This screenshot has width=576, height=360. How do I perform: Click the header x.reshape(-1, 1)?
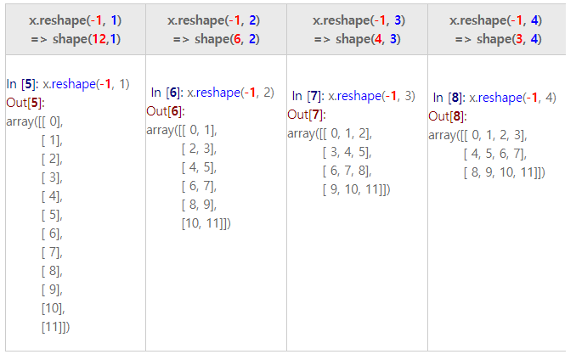tap(75, 19)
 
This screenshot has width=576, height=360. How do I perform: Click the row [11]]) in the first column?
tap(55, 327)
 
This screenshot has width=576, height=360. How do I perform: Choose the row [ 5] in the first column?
tap(52, 215)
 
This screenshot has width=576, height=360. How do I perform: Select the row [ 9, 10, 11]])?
tap(356, 189)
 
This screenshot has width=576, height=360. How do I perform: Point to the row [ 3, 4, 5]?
tap(347, 152)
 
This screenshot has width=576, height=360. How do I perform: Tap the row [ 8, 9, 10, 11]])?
tap(504, 172)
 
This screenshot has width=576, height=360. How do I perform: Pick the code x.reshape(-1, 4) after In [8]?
tap(512, 98)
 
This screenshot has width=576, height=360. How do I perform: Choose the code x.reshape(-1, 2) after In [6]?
tap(230, 93)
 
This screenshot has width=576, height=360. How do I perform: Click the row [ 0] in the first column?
tap(52, 121)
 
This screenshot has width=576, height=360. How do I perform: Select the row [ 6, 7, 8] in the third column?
tap(347, 171)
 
